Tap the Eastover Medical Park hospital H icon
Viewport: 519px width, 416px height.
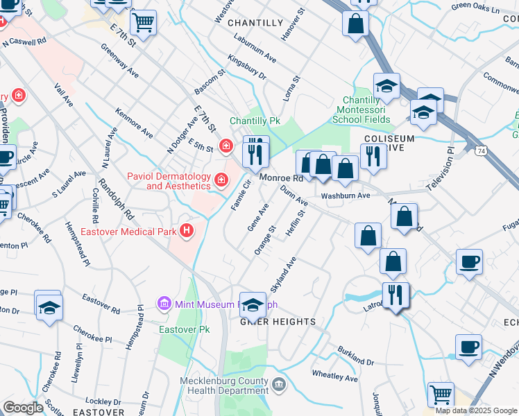[186, 230]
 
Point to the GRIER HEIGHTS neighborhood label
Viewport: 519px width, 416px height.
[278, 322]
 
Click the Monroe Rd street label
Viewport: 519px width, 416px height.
[282, 178]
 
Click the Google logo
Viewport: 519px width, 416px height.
[23, 407]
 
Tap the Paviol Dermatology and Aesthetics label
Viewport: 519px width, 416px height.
[169, 181]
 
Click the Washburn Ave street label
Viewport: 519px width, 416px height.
[346, 196]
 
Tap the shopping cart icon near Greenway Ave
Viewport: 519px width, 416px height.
[144, 22]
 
